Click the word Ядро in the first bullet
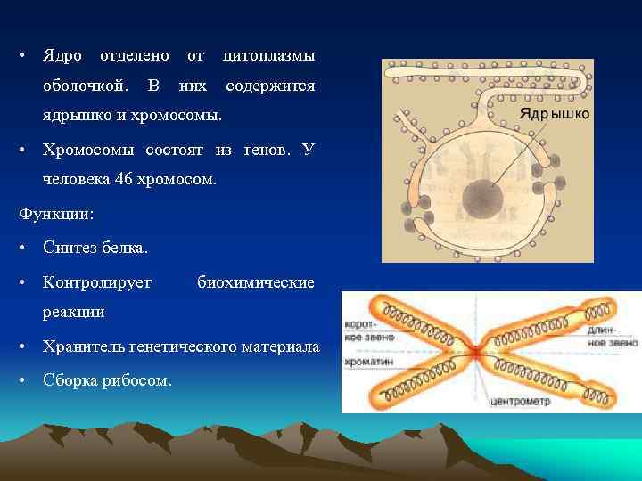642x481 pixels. (x=62, y=56)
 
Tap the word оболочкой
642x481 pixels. (x=85, y=86)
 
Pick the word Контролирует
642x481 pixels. (x=97, y=282)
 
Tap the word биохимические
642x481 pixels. (x=255, y=282)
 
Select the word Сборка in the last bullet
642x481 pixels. (x=71, y=381)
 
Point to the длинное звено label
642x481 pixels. (x=613, y=336)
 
